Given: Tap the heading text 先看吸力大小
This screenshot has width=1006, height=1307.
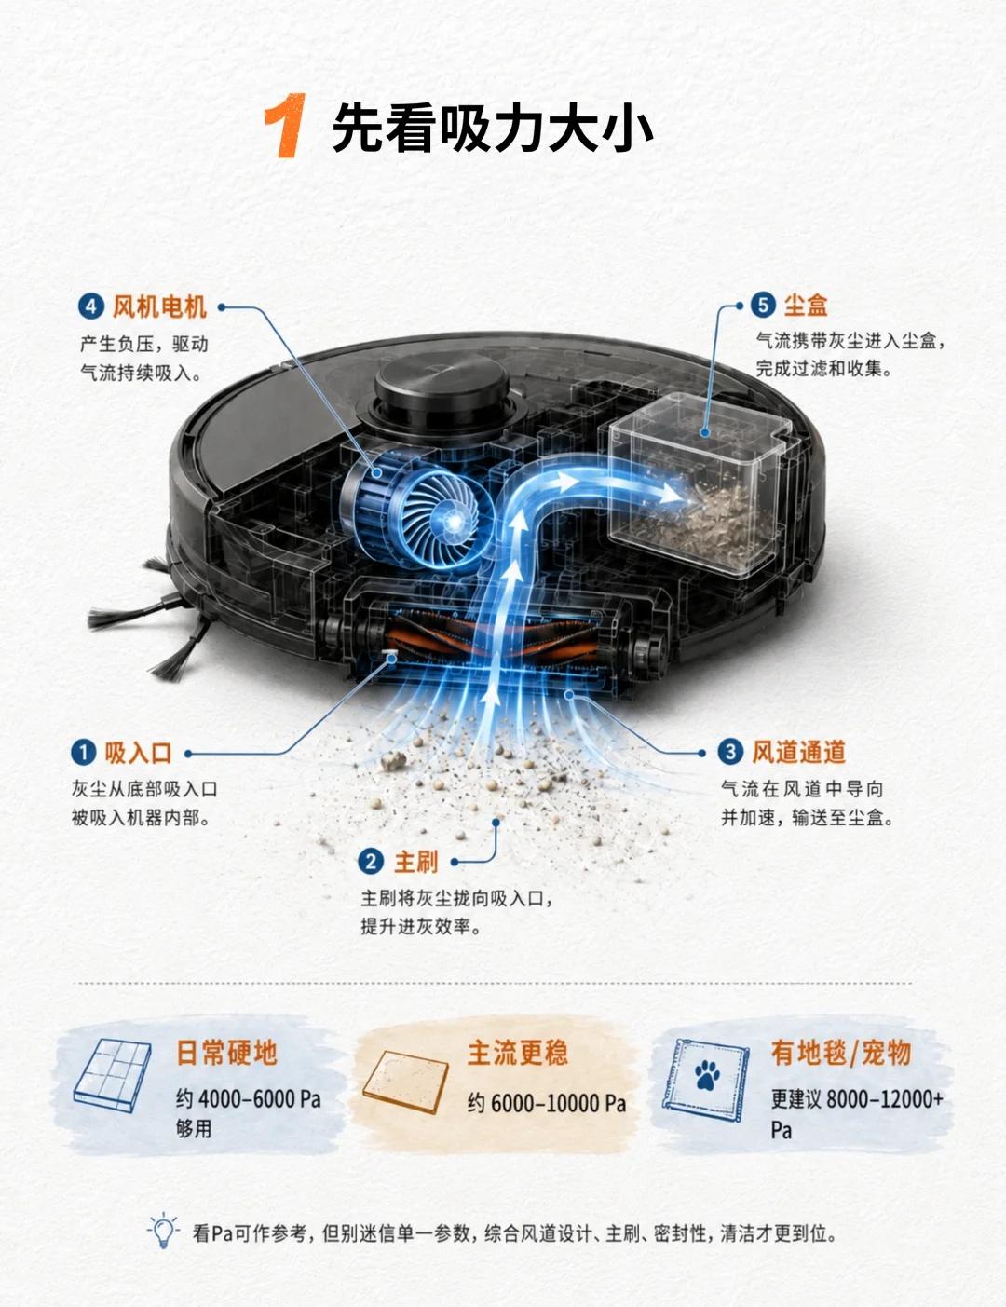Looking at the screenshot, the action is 493,128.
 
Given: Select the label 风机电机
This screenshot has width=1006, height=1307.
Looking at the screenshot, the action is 159,306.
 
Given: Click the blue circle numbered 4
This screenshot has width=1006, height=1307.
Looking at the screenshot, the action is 90,306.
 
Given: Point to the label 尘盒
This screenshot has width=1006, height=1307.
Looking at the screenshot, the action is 806,305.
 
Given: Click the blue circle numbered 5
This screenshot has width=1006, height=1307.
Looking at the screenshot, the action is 763,305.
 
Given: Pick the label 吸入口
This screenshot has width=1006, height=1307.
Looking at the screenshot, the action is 138,753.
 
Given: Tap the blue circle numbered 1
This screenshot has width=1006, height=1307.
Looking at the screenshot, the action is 84,753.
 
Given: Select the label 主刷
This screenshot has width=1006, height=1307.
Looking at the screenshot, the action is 415,862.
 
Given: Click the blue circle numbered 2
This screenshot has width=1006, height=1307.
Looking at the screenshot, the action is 371,862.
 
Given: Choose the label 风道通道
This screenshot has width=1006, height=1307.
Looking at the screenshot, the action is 798,752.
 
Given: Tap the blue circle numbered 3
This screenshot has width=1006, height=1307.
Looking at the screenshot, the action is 730,752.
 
